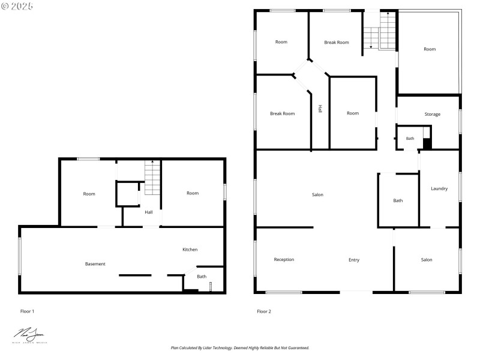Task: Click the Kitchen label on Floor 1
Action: click(x=190, y=250)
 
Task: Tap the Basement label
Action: click(x=95, y=264)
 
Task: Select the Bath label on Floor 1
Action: click(x=202, y=277)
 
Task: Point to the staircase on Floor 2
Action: click(x=380, y=32)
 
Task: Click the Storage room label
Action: click(x=433, y=114)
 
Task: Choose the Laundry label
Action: click(x=439, y=188)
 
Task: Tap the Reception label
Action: click(x=284, y=260)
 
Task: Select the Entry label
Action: click(x=354, y=260)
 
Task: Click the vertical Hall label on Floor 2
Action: click(x=320, y=109)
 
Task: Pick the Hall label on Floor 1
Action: click(x=148, y=212)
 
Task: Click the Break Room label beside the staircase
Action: click(x=337, y=43)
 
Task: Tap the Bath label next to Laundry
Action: click(x=398, y=200)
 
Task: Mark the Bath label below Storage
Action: click(x=410, y=139)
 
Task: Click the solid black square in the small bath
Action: click(x=427, y=144)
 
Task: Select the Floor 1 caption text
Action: click(x=28, y=311)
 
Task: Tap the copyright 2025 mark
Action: click(x=17, y=6)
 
